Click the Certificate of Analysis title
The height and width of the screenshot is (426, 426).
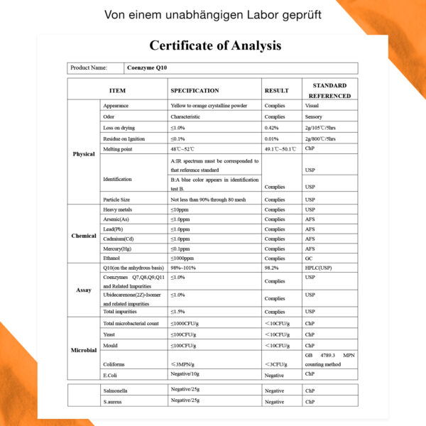click(x=215, y=46)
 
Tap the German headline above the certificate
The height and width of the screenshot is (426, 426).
click(x=212, y=14)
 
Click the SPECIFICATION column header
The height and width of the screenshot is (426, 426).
click(x=195, y=91)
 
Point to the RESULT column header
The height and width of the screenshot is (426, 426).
click(x=276, y=91)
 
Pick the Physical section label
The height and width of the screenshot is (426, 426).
click(x=84, y=154)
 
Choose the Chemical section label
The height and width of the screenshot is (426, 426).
click(x=84, y=236)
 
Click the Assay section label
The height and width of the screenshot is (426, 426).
click(x=84, y=290)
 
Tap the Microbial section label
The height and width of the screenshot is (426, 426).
click(x=84, y=349)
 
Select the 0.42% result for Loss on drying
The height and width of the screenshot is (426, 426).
click(x=271, y=127)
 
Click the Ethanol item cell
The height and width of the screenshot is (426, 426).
click(x=113, y=259)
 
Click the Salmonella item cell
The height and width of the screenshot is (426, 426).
click(x=116, y=391)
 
